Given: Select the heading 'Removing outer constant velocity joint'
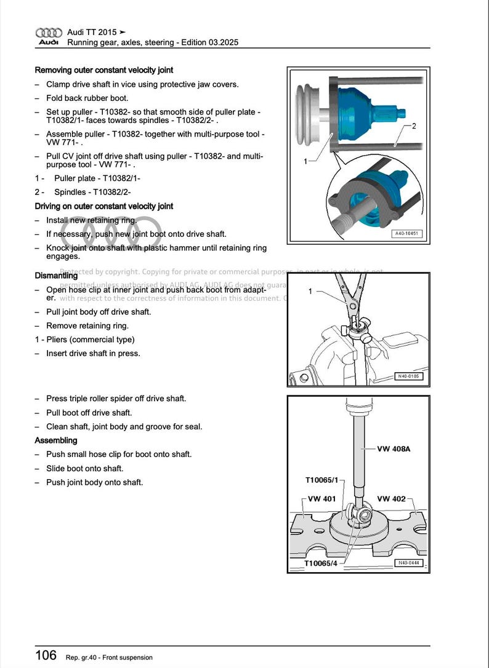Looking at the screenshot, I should coord(104,70).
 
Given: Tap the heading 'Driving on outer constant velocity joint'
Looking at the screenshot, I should coord(104,206).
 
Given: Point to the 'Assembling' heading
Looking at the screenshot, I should coord(56,440).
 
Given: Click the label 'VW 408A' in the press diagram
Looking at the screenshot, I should coord(394,449).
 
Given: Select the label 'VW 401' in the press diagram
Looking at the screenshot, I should coord(321,499).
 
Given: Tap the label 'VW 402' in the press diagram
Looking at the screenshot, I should coord(391,499).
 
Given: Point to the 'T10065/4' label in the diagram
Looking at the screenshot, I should coord(320,563).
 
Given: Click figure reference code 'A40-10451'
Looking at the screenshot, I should coord(406,234).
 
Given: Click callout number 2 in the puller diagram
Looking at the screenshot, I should coord(414,126).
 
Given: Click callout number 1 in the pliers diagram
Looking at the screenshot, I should coord(310,291).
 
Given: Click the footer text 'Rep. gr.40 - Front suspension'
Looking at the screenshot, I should coord(109,658).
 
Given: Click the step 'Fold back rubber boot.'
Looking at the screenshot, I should coord(87,98).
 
